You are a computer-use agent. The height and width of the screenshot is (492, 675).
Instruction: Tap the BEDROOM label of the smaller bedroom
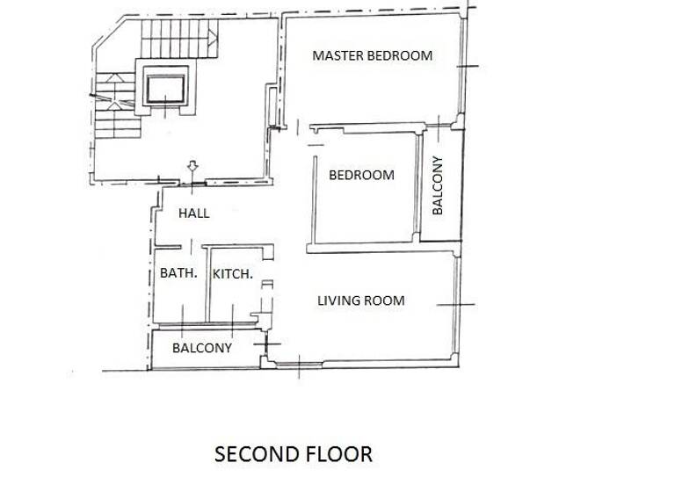point(361,175)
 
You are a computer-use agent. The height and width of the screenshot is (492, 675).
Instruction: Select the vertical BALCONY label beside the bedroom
point(438,184)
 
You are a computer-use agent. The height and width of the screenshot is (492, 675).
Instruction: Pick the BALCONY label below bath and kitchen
point(202,348)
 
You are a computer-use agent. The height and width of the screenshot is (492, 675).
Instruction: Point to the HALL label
point(193,213)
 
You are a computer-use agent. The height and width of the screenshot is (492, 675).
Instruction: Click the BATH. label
point(178,273)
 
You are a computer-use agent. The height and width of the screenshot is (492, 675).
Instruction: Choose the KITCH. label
point(233,273)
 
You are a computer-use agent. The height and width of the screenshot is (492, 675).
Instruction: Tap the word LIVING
point(337,300)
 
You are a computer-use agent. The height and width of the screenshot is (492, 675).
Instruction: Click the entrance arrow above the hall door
point(192,167)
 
